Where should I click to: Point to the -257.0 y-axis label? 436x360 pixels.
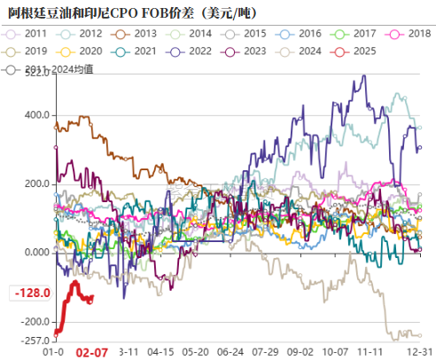click(x=33, y=340)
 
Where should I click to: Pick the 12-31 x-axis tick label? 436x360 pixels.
click(x=420, y=351)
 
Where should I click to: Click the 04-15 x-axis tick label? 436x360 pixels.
click(x=160, y=351)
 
